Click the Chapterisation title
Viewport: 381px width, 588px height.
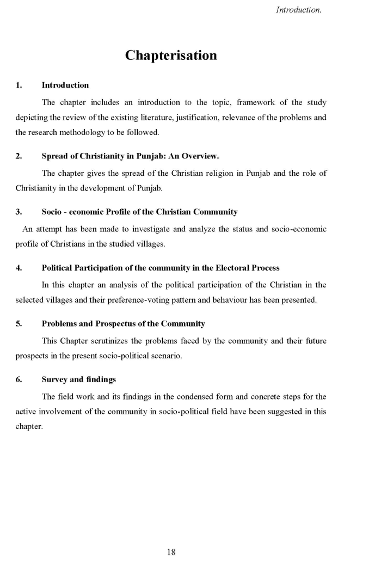coord(171,56)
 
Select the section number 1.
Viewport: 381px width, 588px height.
coord(19,85)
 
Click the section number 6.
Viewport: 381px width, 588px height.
coord(19,379)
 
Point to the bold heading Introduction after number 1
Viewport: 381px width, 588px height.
coord(65,85)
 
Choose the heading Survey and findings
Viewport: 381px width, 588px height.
coord(79,379)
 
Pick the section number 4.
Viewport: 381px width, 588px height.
coord(19,268)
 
